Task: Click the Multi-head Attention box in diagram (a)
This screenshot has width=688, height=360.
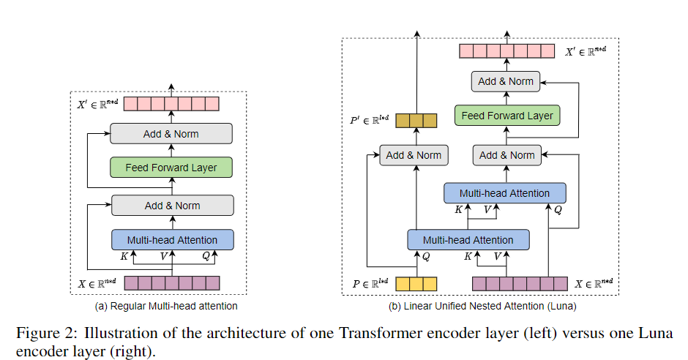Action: [172, 240]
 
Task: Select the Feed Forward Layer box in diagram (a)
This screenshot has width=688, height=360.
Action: [171, 168]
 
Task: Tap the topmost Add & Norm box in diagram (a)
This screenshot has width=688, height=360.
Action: [171, 134]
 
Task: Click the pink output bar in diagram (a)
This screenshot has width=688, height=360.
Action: [171, 104]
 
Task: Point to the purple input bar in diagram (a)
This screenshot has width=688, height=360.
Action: [171, 283]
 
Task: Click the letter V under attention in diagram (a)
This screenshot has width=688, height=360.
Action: [164, 257]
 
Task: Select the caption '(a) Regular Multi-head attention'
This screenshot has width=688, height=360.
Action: [166, 306]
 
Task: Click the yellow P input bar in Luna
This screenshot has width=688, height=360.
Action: [416, 284]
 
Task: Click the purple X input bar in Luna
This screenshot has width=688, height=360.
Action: [520, 284]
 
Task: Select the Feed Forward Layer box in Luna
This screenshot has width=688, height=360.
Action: [506, 116]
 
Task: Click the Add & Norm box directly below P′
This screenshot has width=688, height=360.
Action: [414, 155]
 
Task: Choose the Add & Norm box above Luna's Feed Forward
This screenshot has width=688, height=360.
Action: [506, 81]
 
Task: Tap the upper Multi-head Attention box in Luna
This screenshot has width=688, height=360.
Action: [504, 193]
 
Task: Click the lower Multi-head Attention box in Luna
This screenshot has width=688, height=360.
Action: [468, 240]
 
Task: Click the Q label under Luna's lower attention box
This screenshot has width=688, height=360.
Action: [426, 257]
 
